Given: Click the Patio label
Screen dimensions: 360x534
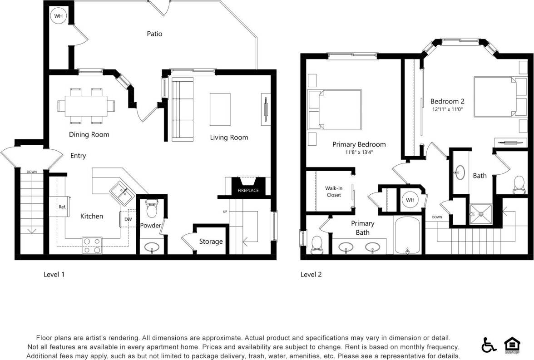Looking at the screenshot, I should coord(154,34).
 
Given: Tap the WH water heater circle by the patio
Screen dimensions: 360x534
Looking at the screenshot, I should coord(59,16).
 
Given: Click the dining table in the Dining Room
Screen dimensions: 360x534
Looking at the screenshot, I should coord(86,106).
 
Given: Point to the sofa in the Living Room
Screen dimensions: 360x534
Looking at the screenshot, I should coord(182,109).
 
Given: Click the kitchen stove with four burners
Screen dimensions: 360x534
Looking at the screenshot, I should coord(92,245).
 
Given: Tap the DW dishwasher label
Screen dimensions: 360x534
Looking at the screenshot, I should coord(128,219).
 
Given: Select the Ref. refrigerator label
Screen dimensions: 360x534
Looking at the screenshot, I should coord(62,207).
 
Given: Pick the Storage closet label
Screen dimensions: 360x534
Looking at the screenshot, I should coord(211,242).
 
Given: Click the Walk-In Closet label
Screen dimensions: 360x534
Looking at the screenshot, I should coord(333,192).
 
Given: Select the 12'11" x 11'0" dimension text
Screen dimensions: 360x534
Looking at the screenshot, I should coord(447,109).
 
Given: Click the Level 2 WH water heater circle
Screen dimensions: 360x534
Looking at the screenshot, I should coord(410,200).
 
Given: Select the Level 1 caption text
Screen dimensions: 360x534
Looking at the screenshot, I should coord(54,275).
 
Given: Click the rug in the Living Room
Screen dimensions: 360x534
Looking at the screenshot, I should coord(220,109).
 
